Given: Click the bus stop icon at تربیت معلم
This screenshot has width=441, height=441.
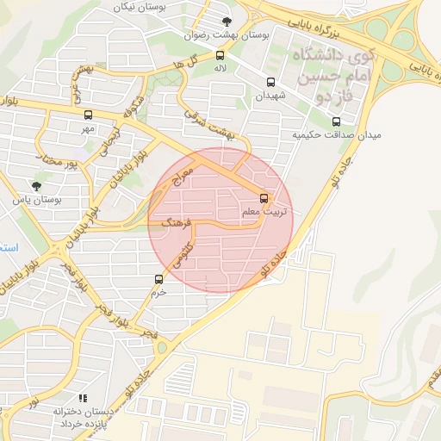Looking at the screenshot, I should tap(264, 198).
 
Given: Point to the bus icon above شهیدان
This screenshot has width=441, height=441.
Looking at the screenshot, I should tap(271, 84).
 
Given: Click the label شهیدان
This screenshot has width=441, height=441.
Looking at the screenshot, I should tap(270, 96).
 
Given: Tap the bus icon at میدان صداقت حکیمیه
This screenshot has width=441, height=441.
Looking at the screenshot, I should tap(336, 121).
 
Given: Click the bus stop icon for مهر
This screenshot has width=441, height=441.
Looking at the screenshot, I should tap(88, 115).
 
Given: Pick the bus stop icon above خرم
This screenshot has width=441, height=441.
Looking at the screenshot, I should tap(158, 279).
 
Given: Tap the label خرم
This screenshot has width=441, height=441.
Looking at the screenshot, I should tap(158, 292).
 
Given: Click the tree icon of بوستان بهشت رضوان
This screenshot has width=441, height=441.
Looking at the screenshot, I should tap(227, 22).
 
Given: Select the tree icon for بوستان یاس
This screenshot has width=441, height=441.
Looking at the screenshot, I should tap(35, 185).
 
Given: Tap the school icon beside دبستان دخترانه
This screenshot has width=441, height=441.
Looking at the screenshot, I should tap(83, 398).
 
